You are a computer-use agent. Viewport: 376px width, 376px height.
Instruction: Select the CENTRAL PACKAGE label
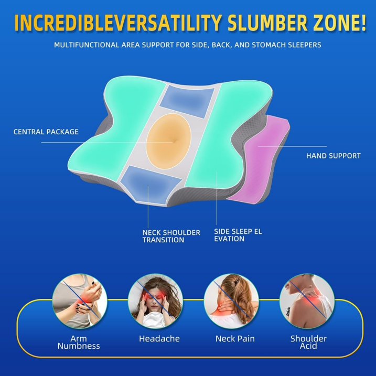[x=46, y=132]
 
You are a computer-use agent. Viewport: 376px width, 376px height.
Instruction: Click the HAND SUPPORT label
[x=334, y=156]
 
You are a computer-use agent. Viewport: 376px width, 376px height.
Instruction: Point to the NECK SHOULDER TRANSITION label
[x=171, y=236]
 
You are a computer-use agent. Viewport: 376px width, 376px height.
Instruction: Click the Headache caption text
[x=159, y=339]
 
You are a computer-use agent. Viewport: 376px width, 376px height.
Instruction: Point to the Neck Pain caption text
[x=235, y=339]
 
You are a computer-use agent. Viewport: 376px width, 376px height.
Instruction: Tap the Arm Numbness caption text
[x=79, y=342]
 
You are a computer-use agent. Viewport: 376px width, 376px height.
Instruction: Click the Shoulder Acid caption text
[x=309, y=342]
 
